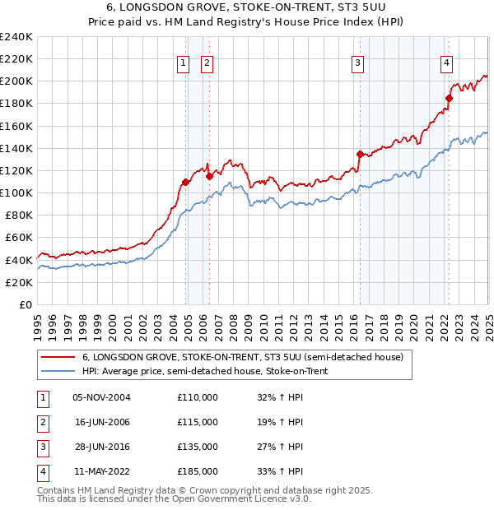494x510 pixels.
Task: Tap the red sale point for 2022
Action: pos(449,98)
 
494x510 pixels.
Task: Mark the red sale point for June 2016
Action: pos(360,154)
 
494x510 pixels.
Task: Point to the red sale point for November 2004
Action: pos(185,182)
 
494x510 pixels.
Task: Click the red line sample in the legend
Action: pos(57,358)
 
